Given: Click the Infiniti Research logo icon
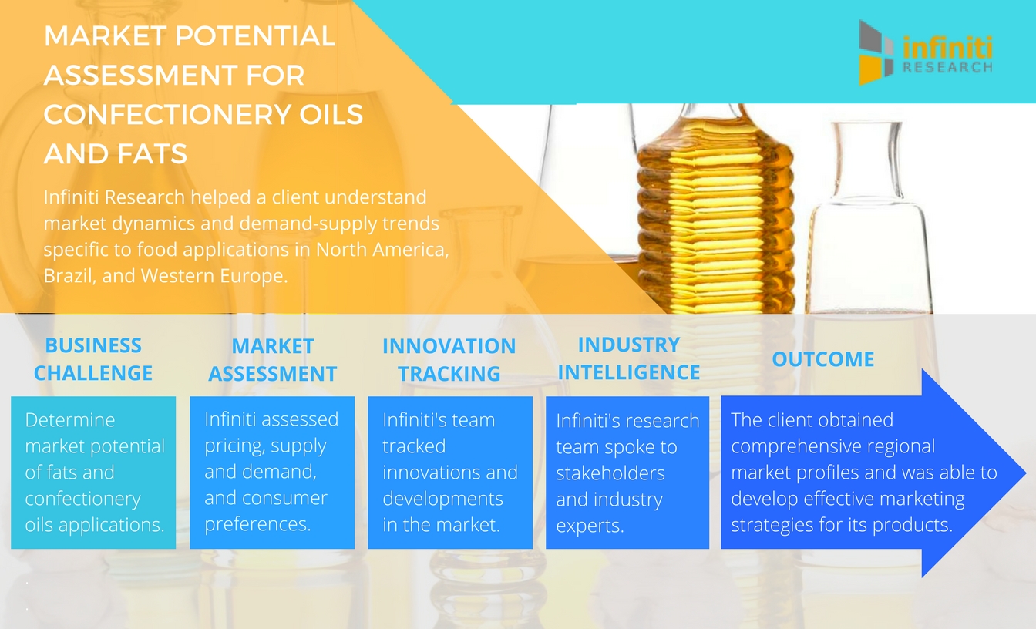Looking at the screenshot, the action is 876,52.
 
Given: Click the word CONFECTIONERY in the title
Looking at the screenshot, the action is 167,114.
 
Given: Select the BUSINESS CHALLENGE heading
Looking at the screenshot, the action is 93,359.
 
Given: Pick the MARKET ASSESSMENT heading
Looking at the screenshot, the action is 272,360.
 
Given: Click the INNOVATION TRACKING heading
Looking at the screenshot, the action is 449,360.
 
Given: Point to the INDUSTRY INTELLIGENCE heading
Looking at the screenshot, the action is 628,358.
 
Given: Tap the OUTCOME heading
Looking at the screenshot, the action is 823,359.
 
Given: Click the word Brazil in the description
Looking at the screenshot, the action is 69,276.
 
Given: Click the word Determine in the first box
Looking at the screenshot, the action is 70,420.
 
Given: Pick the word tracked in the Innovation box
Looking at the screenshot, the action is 414,446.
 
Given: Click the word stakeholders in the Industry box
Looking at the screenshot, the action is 610,473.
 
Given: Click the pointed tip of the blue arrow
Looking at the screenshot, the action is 1026,473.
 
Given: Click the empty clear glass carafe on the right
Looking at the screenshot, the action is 869,217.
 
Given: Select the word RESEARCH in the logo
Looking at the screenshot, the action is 947,68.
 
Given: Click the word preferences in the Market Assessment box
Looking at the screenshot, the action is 257,524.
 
